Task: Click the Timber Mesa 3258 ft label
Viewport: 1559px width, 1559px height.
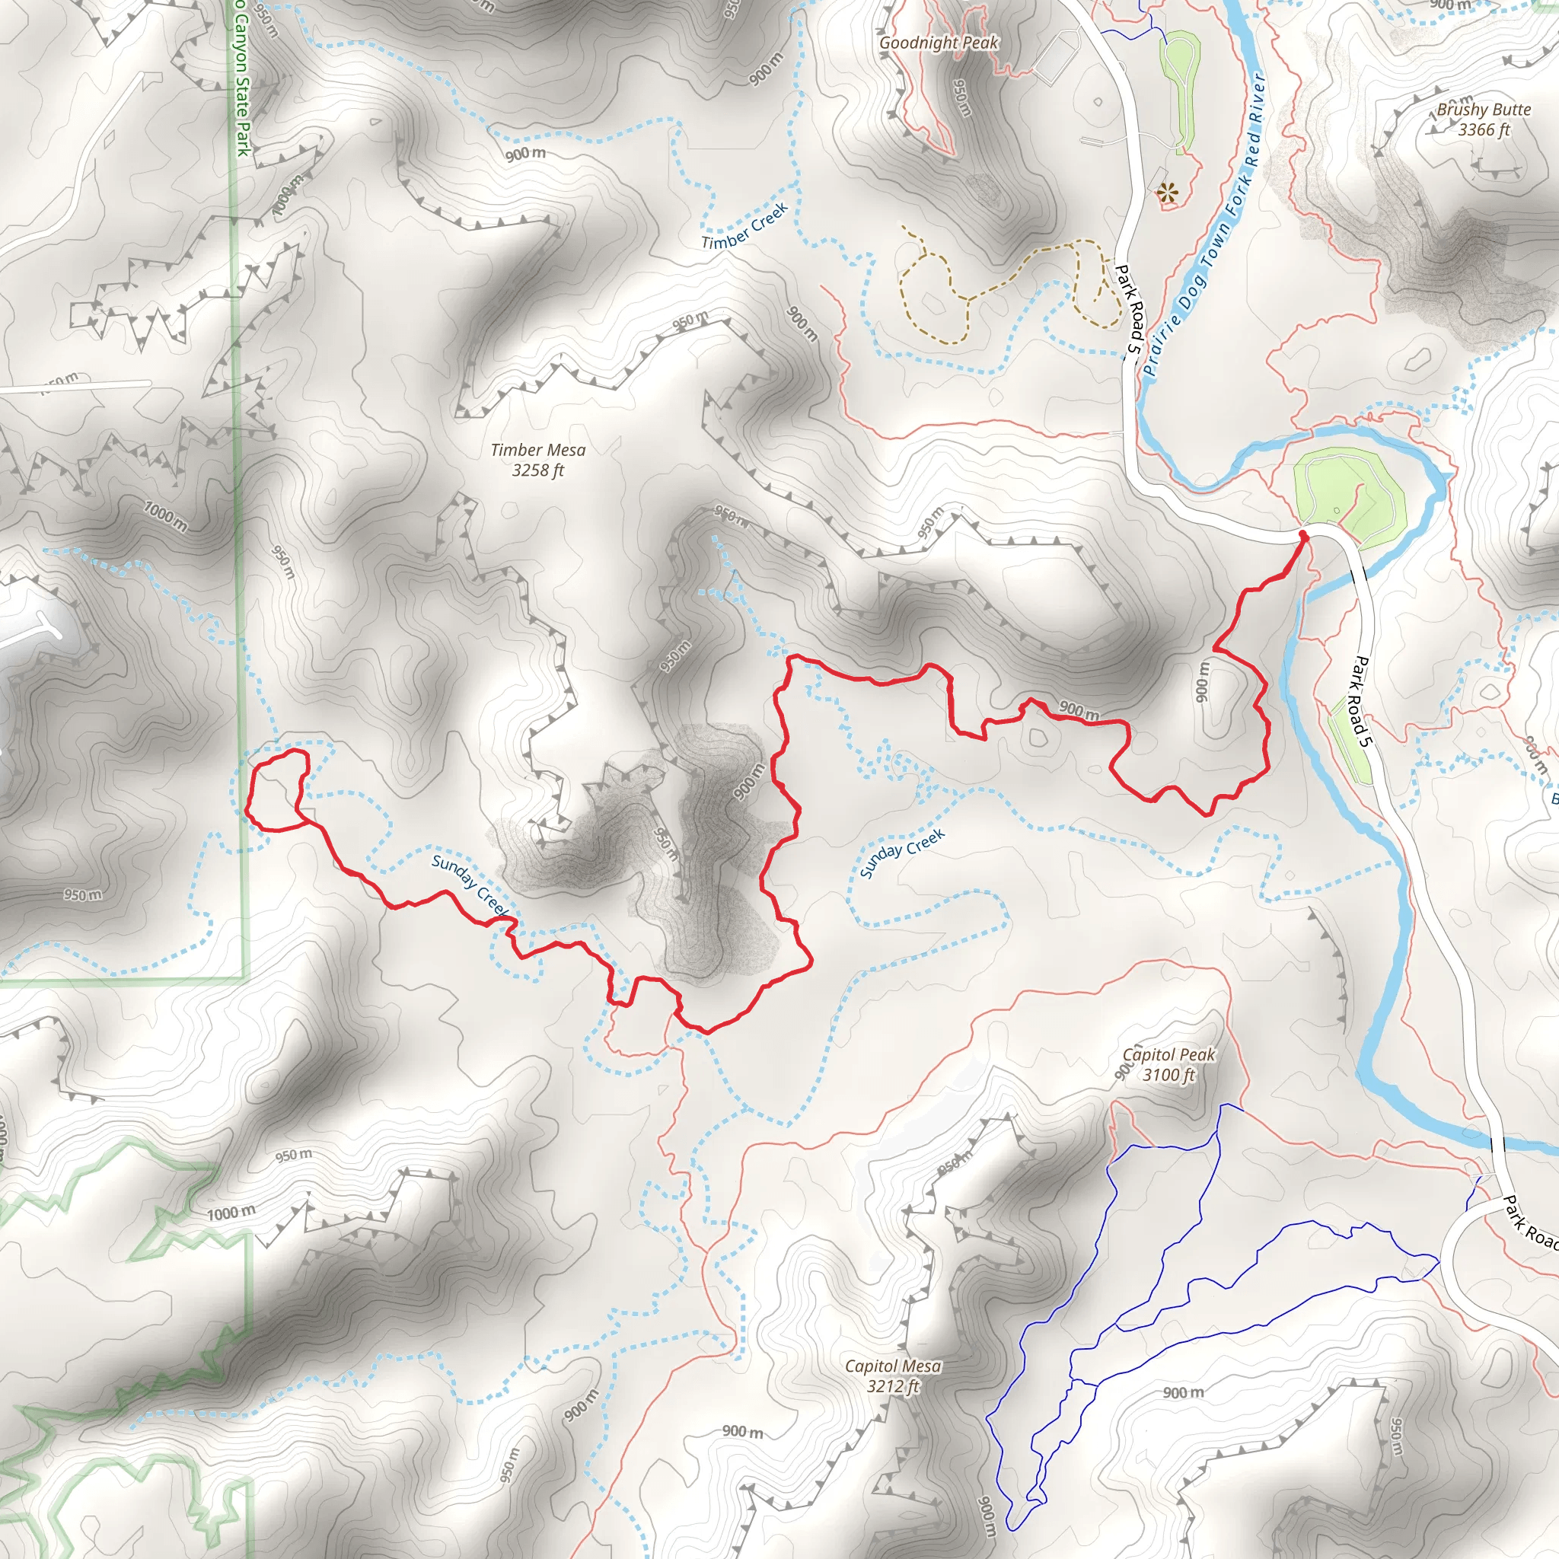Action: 537,460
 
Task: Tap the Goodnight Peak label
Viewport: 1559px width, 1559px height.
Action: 939,43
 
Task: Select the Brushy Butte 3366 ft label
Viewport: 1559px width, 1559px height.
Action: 1483,120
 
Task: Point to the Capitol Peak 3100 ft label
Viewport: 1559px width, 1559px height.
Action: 1168,1064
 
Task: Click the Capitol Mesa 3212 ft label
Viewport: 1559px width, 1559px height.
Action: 892,1376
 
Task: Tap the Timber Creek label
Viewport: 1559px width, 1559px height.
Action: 744,228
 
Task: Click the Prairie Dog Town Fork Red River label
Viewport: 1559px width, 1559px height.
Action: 1204,226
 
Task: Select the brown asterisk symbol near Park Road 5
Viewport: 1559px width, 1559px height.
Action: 1167,192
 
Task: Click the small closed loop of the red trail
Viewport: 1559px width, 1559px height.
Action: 274,789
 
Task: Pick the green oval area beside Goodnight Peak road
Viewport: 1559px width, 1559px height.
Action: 1181,89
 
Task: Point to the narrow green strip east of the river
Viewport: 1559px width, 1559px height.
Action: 1353,738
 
